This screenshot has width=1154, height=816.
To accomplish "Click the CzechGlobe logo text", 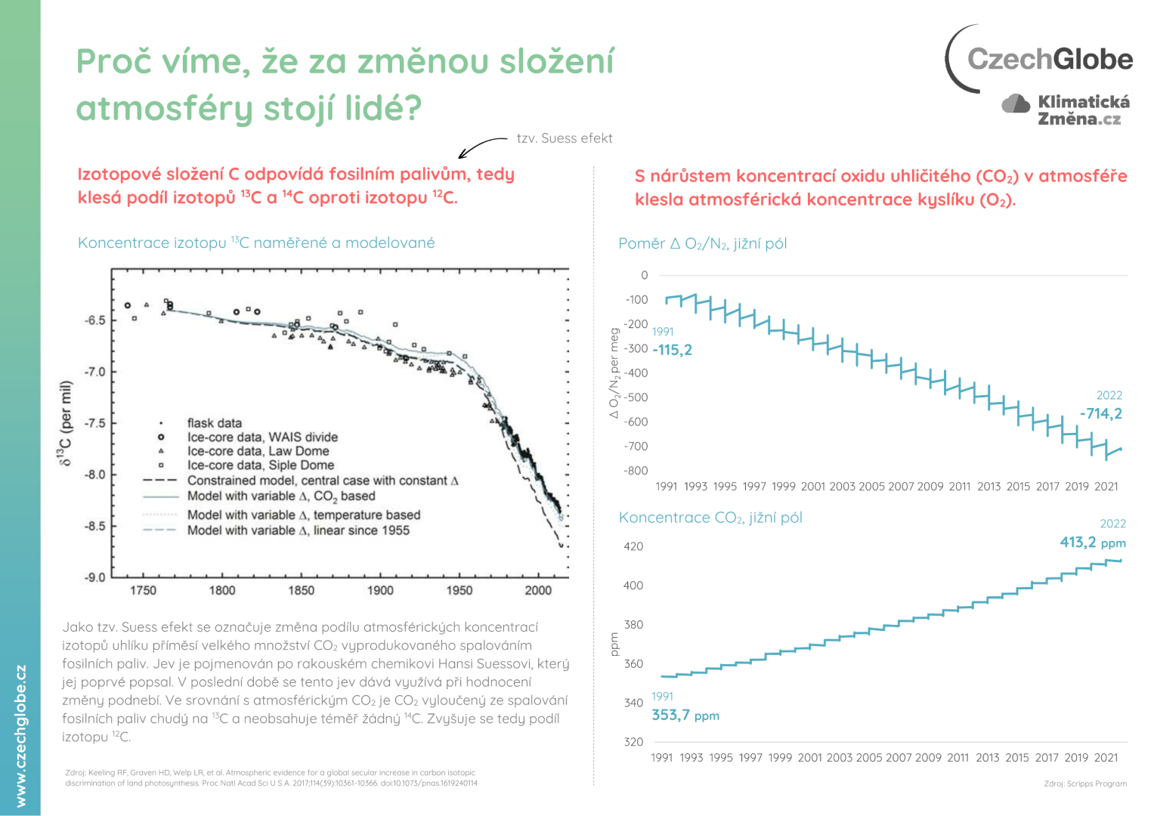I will (1050, 59).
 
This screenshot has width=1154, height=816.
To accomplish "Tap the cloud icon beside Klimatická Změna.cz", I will (1016, 104).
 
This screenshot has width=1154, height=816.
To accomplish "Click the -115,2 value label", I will (672, 350).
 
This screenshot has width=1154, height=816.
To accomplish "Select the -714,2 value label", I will (1100, 413).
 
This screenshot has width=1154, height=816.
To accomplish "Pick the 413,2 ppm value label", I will (1092, 542).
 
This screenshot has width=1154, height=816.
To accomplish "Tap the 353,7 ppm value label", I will (685, 715).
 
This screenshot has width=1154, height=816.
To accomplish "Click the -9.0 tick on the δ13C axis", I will (94, 577).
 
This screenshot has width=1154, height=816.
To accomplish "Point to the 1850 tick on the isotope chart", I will (301, 590).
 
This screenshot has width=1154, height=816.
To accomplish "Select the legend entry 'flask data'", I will (215, 423).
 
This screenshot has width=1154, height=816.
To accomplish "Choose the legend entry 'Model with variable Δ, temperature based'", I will (303, 515).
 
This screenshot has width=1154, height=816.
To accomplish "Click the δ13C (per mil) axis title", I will (67, 423).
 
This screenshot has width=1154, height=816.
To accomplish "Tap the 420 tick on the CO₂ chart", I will (633, 546).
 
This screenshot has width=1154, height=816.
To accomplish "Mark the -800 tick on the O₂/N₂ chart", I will (636, 471).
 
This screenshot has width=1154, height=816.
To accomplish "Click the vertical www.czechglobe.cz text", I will (20, 735).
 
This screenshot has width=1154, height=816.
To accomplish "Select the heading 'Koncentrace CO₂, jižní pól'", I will (710, 518).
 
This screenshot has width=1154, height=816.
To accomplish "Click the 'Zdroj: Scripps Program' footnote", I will (1084, 784).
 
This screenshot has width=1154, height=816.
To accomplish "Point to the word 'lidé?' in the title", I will (383, 107).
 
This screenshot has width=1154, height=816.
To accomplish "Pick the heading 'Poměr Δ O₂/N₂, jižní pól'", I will (702, 243).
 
